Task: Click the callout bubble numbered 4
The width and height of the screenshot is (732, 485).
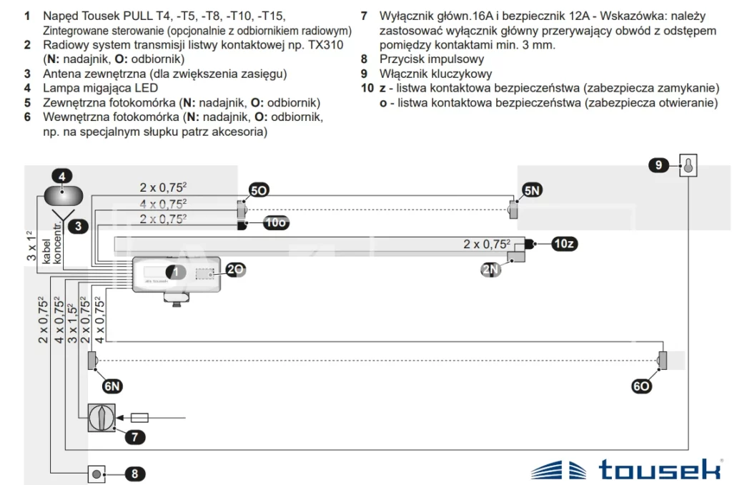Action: coord(62,176)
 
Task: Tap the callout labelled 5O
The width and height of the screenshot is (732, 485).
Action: coord(259,190)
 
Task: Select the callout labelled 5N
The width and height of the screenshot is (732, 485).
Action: coord(532,190)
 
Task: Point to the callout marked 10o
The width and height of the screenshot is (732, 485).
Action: coord(275,222)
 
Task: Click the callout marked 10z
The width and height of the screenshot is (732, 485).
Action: coord(564,243)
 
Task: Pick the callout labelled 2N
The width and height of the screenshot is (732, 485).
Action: coord(490,269)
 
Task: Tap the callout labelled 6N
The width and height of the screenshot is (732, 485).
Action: coord(112,386)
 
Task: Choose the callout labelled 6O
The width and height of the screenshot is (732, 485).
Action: coord(641,386)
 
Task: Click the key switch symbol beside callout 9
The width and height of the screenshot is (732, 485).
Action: coord(688,165)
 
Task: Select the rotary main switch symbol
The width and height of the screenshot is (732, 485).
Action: coord(102,417)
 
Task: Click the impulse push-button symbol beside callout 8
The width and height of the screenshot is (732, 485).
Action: coord(97,474)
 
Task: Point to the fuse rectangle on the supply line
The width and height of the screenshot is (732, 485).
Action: coord(139,417)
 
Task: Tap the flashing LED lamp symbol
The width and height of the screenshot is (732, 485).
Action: coord(64,196)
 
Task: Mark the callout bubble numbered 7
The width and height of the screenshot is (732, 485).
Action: coord(135,437)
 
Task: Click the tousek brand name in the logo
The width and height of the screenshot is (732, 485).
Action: coord(660,469)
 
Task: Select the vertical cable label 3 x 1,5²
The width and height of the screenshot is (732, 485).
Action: coord(72,323)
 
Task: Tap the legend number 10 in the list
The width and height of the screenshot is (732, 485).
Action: coord(367,88)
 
